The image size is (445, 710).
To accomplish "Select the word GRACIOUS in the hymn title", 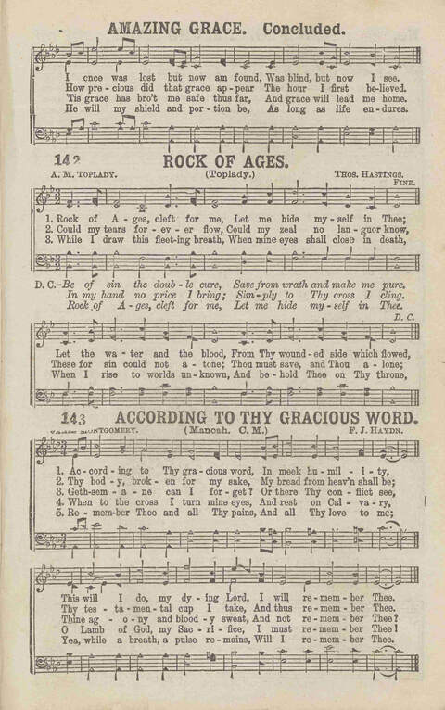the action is [312, 420].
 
